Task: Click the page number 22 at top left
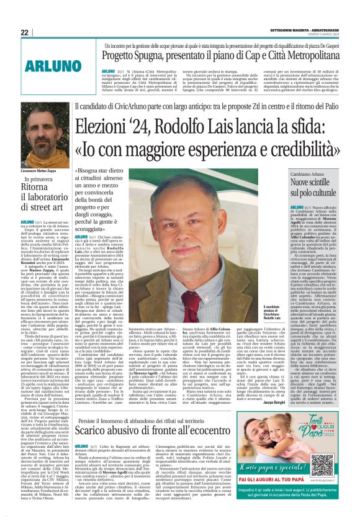25,32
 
